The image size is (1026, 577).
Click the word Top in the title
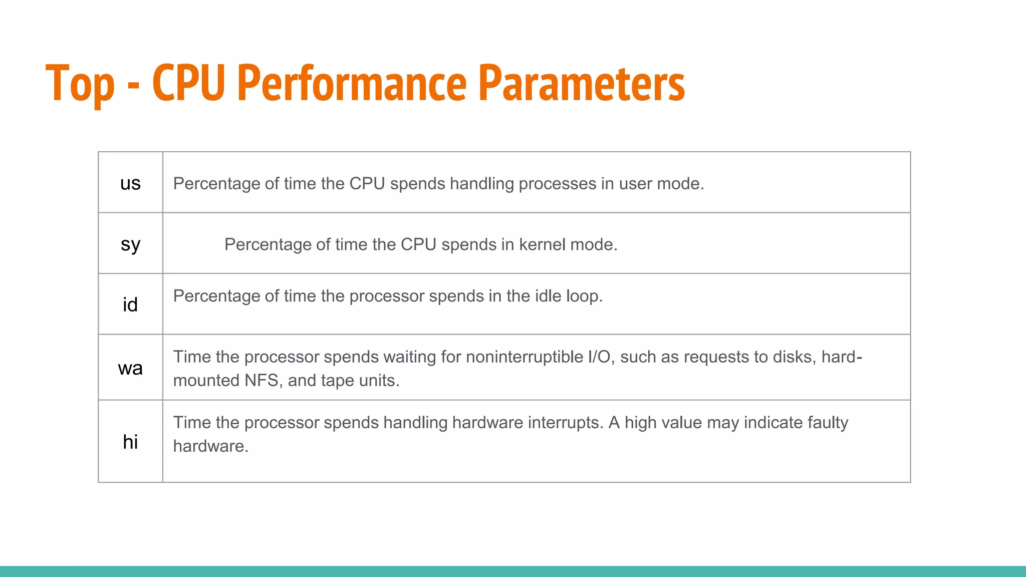click(x=80, y=84)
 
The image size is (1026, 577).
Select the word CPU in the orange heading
click(x=188, y=83)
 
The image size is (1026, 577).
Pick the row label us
click(x=130, y=183)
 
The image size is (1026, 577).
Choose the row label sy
click(x=130, y=244)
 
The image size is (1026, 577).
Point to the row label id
click(x=130, y=305)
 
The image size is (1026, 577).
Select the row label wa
click(x=130, y=368)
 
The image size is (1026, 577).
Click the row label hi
click(x=130, y=442)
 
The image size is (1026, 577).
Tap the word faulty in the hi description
click(x=822, y=423)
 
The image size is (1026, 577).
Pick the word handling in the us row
click(x=481, y=184)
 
